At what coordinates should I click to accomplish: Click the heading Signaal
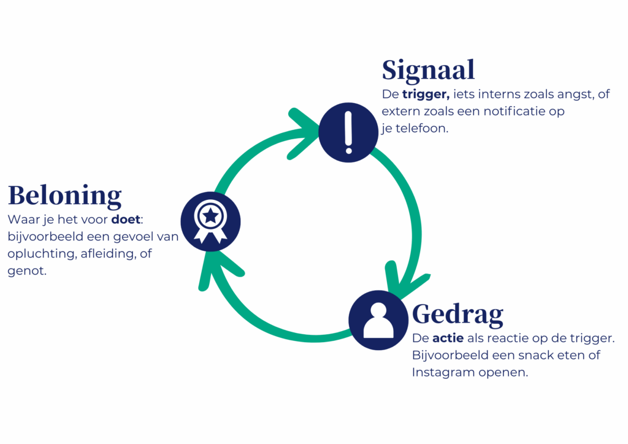click(428, 70)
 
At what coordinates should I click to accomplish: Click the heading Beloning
click(64, 195)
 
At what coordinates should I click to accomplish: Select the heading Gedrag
click(458, 314)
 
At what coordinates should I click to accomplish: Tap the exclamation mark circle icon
click(348, 132)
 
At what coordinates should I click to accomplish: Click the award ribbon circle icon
click(210, 221)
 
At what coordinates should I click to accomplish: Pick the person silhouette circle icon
click(378, 320)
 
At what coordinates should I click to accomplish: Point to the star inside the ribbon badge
click(210, 215)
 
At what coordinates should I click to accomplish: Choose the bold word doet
click(126, 220)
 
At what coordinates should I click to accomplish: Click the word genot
click(26, 270)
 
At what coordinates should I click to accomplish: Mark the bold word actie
click(448, 339)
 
